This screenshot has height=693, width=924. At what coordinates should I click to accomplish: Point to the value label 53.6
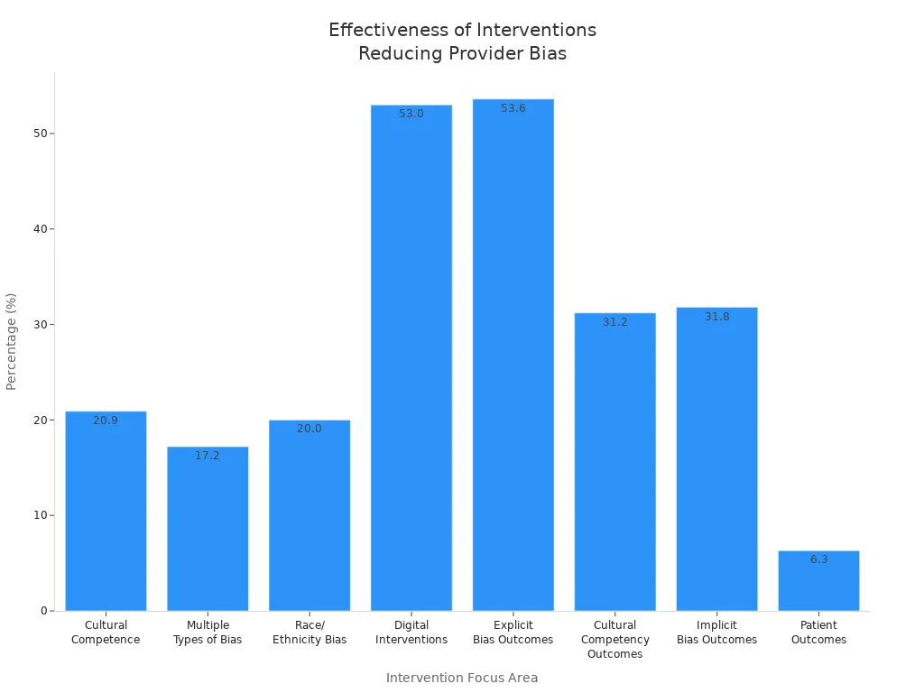(x=513, y=108)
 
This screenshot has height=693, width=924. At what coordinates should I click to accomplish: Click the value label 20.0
(x=310, y=429)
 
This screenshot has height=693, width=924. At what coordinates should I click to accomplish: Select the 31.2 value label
(x=615, y=322)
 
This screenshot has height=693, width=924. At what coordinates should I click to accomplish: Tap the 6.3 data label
(x=818, y=559)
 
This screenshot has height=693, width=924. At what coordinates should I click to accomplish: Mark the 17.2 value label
(x=208, y=456)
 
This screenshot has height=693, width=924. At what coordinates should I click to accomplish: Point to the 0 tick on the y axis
(x=44, y=611)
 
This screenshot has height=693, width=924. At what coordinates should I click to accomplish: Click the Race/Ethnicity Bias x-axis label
(x=310, y=633)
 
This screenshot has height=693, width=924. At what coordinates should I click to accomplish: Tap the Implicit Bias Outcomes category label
(x=717, y=633)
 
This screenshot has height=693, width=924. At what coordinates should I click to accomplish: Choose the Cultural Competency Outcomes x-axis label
(x=615, y=640)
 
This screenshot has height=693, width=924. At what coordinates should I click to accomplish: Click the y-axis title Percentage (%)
(x=12, y=341)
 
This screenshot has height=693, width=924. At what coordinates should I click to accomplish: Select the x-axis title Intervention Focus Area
(x=462, y=678)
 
